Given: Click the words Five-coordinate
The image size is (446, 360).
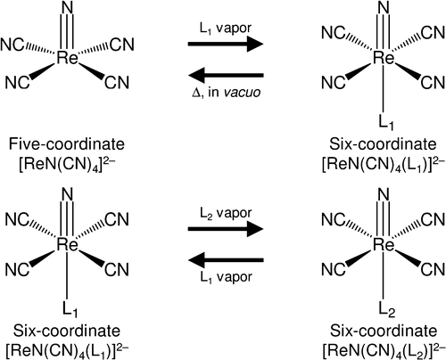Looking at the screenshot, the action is (67, 144).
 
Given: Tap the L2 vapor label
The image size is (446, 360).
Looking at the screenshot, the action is (226, 213).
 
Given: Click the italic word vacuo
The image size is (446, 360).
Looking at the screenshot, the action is (242, 92).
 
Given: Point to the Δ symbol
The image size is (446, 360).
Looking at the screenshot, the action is (196, 93).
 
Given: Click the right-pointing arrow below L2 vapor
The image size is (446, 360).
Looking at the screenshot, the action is (226, 229).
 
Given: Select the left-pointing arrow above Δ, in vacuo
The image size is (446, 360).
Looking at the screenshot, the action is (226, 75).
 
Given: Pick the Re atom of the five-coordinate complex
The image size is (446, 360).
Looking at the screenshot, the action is (67, 57).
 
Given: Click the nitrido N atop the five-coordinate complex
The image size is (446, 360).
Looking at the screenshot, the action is (68, 8).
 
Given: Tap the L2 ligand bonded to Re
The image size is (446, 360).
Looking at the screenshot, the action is (387, 309).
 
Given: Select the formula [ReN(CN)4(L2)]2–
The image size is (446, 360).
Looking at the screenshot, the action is (384, 350).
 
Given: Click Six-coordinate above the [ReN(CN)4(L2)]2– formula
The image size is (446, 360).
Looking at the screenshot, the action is (384, 331).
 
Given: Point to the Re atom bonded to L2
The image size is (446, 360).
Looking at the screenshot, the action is (384, 244).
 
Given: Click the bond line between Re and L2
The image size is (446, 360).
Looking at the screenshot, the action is (384, 275).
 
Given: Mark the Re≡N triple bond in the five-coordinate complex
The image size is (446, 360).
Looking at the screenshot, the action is (68, 32).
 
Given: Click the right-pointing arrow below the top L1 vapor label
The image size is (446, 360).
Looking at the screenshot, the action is (226, 44).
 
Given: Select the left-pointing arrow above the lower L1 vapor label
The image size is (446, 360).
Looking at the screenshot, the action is (226, 260).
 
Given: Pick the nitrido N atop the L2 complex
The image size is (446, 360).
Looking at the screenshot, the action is (384, 195).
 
